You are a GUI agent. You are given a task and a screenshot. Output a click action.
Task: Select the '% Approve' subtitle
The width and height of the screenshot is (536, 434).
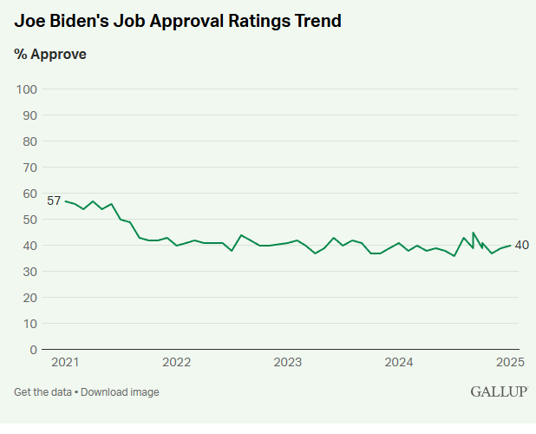[x=50, y=54]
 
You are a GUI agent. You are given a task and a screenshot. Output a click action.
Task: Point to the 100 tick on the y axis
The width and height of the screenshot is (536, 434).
[x=26, y=89]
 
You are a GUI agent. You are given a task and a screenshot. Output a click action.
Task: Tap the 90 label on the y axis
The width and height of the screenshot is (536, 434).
[x=29, y=115]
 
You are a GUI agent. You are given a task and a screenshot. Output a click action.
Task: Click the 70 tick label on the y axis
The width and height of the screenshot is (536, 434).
[x=29, y=168]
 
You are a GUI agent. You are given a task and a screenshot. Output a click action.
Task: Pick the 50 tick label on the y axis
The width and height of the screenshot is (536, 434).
[x=29, y=220]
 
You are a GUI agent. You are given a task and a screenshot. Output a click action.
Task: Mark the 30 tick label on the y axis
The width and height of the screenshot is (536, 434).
[x=29, y=272]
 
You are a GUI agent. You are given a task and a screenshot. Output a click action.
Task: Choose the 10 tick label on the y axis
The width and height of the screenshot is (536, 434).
[x=29, y=324]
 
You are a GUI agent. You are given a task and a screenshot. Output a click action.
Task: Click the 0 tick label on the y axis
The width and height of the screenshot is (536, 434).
[x=33, y=350]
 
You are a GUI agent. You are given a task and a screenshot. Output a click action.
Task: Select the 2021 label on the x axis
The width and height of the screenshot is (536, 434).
[x=65, y=362]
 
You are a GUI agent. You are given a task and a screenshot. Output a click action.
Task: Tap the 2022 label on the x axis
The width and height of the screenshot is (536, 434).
[x=176, y=362]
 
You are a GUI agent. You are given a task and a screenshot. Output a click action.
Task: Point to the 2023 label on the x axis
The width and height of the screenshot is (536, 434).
[x=287, y=362]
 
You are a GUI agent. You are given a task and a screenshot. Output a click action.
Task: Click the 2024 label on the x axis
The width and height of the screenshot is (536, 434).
[x=398, y=362]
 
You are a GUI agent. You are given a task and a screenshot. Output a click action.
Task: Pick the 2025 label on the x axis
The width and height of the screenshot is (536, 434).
[x=510, y=362]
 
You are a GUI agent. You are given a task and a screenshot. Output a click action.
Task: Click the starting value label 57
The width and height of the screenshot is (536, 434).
[x=54, y=201]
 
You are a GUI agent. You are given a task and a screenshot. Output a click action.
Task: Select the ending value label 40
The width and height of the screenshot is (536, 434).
[x=522, y=246]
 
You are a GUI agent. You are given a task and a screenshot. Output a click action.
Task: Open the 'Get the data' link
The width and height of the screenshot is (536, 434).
[x=42, y=392]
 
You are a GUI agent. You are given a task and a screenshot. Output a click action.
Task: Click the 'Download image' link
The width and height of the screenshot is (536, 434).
[x=121, y=392]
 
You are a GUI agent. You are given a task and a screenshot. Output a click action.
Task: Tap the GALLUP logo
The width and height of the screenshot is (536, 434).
[x=499, y=391]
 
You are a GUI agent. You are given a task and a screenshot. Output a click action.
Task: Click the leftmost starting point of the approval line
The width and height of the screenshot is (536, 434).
[x=66, y=201]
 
